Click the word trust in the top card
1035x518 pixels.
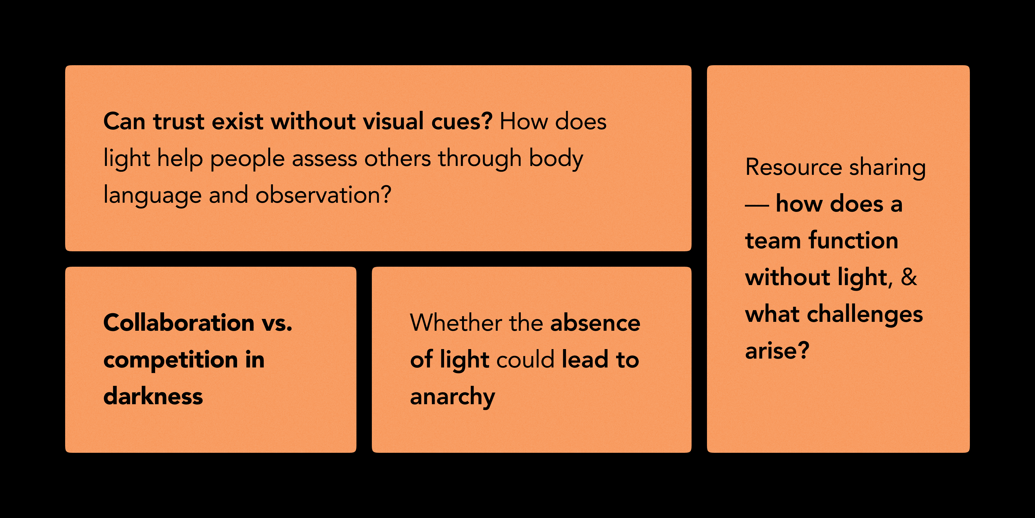coord(179,121)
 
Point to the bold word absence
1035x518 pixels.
coord(595,323)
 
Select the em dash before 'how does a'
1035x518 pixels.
coord(757,205)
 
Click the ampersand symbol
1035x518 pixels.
coord(909,277)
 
